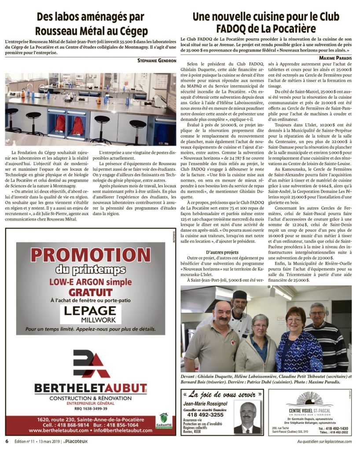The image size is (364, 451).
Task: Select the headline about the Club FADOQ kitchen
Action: (266, 23)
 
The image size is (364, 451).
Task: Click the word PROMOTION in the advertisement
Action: (90, 255)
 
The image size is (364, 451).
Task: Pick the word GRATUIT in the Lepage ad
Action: (90, 292)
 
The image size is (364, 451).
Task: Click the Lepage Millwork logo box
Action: (90, 314)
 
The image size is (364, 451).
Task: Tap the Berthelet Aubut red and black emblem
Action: (91, 365)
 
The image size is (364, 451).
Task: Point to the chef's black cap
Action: (240, 295)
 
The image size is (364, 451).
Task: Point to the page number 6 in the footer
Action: (7, 441)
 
